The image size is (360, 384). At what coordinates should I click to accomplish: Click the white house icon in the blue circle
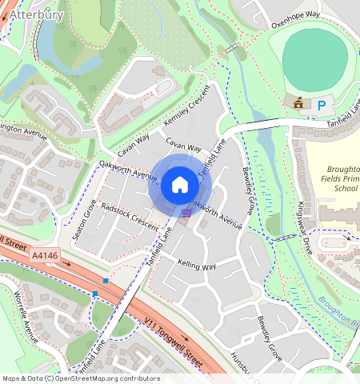[179, 186]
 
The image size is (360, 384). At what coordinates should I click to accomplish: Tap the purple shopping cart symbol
[186, 213]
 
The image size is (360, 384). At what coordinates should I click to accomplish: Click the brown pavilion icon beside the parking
[298, 103]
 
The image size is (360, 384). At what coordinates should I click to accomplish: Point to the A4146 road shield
[45, 255]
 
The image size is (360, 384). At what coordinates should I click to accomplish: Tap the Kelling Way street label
[197, 265]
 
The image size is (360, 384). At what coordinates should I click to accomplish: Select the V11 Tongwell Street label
[169, 333]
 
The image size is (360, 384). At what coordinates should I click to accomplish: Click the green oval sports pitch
[315, 57]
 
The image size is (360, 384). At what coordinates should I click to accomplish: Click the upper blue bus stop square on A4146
[106, 280]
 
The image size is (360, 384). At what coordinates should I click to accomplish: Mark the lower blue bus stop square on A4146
[95, 294]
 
